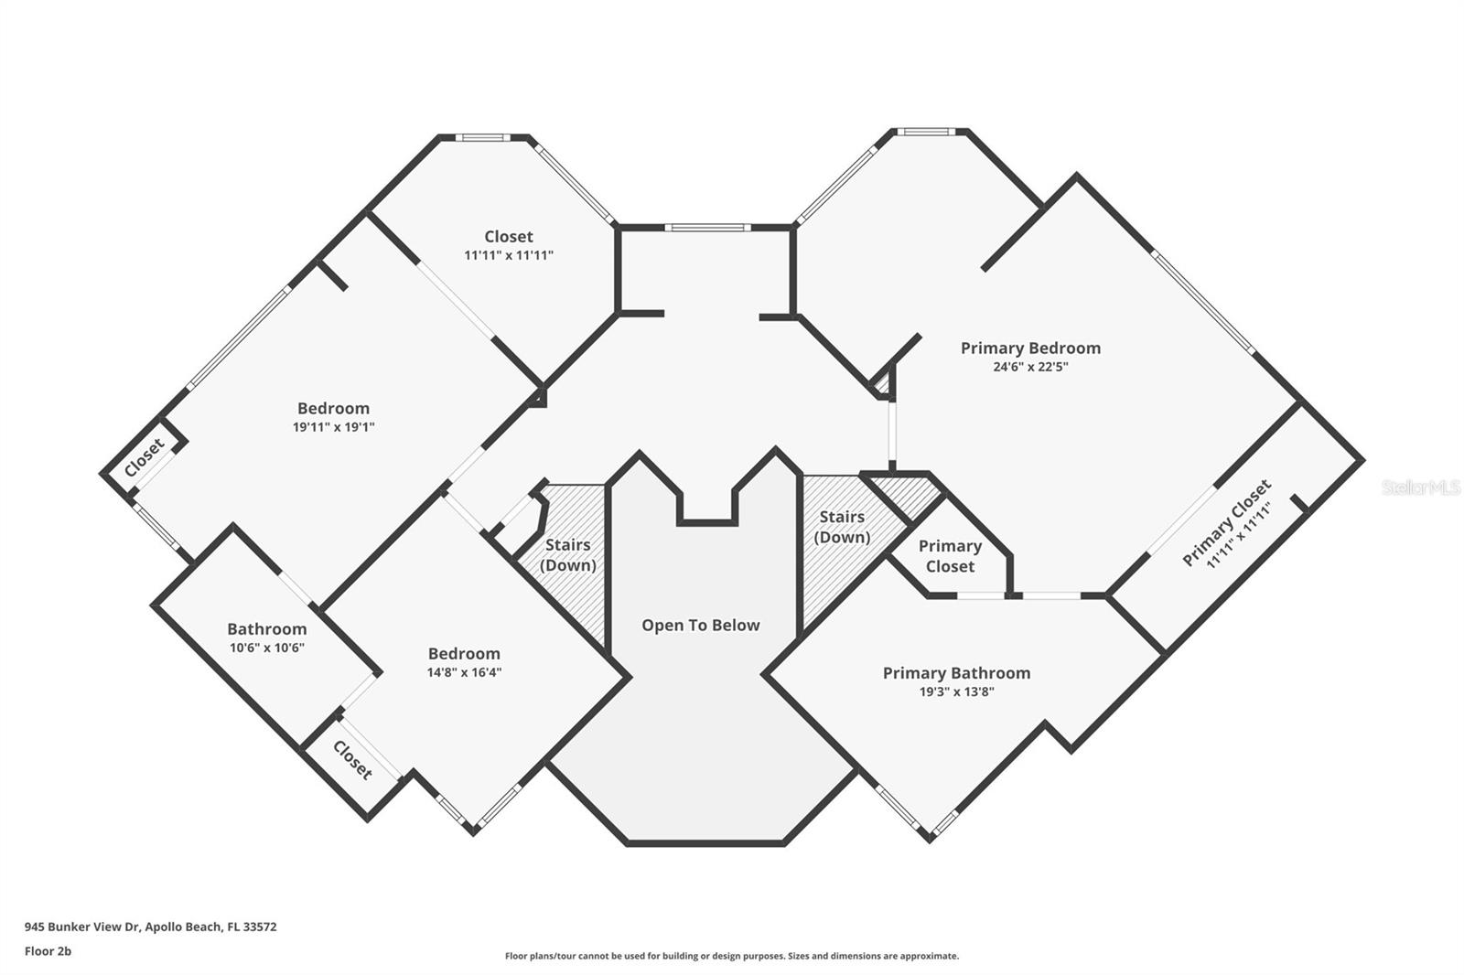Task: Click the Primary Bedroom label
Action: [x=1030, y=348]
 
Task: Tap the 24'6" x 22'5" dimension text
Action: [x=1030, y=367]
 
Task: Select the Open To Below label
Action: [x=700, y=626]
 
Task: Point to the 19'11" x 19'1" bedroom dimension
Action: [x=333, y=427]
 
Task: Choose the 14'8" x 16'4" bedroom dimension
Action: [x=464, y=672]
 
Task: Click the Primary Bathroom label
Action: [x=956, y=673]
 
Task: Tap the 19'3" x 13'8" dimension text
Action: [x=956, y=692]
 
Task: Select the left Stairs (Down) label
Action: [x=567, y=555]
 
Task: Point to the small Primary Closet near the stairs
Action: [x=950, y=556]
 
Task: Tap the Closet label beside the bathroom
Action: [x=352, y=759]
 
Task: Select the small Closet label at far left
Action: [x=145, y=457]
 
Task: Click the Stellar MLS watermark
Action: [x=1420, y=487]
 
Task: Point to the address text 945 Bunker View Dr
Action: [x=150, y=927]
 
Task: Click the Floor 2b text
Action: [x=48, y=951]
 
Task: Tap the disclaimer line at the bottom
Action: [x=732, y=956]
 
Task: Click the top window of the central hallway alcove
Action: [x=707, y=227]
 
